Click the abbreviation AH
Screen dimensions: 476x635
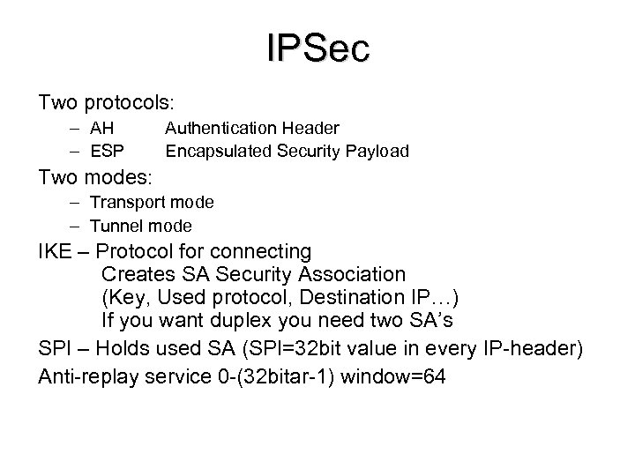coord(102,129)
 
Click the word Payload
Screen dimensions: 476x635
coord(378,151)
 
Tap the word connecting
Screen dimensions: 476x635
coord(263,251)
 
